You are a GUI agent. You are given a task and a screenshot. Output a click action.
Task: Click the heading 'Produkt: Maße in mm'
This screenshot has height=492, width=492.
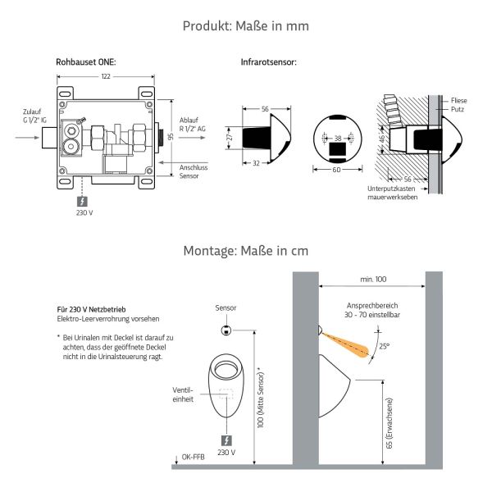click(x=245, y=26)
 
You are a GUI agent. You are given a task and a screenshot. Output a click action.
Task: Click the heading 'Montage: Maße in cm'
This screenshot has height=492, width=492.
click(x=245, y=250)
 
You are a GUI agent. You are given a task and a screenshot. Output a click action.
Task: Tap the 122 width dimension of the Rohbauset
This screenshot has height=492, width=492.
click(x=106, y=76)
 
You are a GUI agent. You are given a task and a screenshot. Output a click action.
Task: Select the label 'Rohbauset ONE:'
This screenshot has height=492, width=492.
click(x=85, y=62)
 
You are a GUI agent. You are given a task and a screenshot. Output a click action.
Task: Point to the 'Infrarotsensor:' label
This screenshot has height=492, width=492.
click(x=268, y=62)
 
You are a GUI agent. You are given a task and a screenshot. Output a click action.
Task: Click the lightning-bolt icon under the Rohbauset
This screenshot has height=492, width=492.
click(x=83, y=200)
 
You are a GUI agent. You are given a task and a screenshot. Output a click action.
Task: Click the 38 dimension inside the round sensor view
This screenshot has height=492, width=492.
click(x=338, y=138)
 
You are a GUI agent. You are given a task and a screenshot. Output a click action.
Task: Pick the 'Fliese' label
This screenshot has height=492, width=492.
click(x=460, y=100)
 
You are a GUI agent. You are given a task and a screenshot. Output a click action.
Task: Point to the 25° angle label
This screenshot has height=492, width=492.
click(x=383, y=347)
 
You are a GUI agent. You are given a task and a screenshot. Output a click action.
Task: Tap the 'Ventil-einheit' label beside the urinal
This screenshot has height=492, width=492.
click(x=182, y=395)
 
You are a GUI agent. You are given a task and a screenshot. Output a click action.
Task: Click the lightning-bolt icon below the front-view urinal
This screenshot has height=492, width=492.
click(x=227, y=439)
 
